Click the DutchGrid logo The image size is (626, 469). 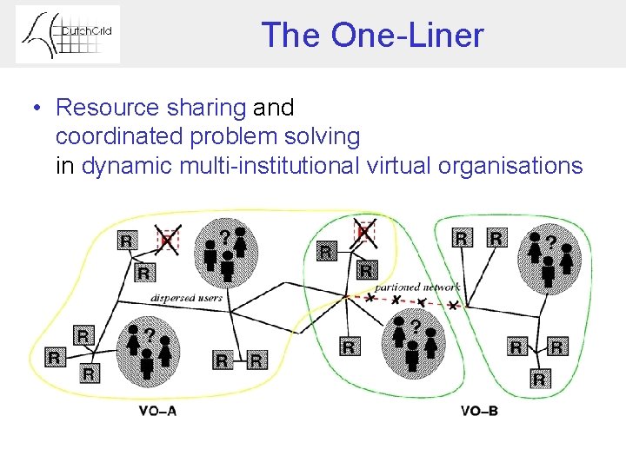click(68, 34)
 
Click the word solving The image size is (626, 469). click(325, 136)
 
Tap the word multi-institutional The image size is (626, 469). click(266, 165)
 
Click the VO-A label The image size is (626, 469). click(157, 410)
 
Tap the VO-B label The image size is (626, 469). click(479, 410)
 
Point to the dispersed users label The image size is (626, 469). click(186, 297)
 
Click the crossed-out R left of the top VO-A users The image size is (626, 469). click(166, 239)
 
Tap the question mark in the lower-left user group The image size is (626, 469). click(150, 333)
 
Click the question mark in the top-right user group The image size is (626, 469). click(550, 238)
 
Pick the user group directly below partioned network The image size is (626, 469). click(414, 342)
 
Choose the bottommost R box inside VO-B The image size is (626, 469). click(539, 379)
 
